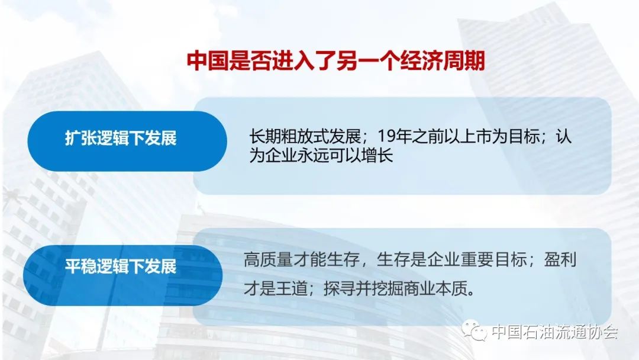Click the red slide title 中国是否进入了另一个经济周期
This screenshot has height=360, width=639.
(336, 61)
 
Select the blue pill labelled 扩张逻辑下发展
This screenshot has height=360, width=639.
(127, 141)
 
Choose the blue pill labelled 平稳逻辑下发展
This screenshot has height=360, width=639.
(122, 275)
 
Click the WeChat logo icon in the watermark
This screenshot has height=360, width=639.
(474, 330)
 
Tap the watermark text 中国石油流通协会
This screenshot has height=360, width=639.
(554, 331)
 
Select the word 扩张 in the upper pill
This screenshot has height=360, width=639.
(80, 138)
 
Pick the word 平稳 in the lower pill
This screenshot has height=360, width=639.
(80, 266)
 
